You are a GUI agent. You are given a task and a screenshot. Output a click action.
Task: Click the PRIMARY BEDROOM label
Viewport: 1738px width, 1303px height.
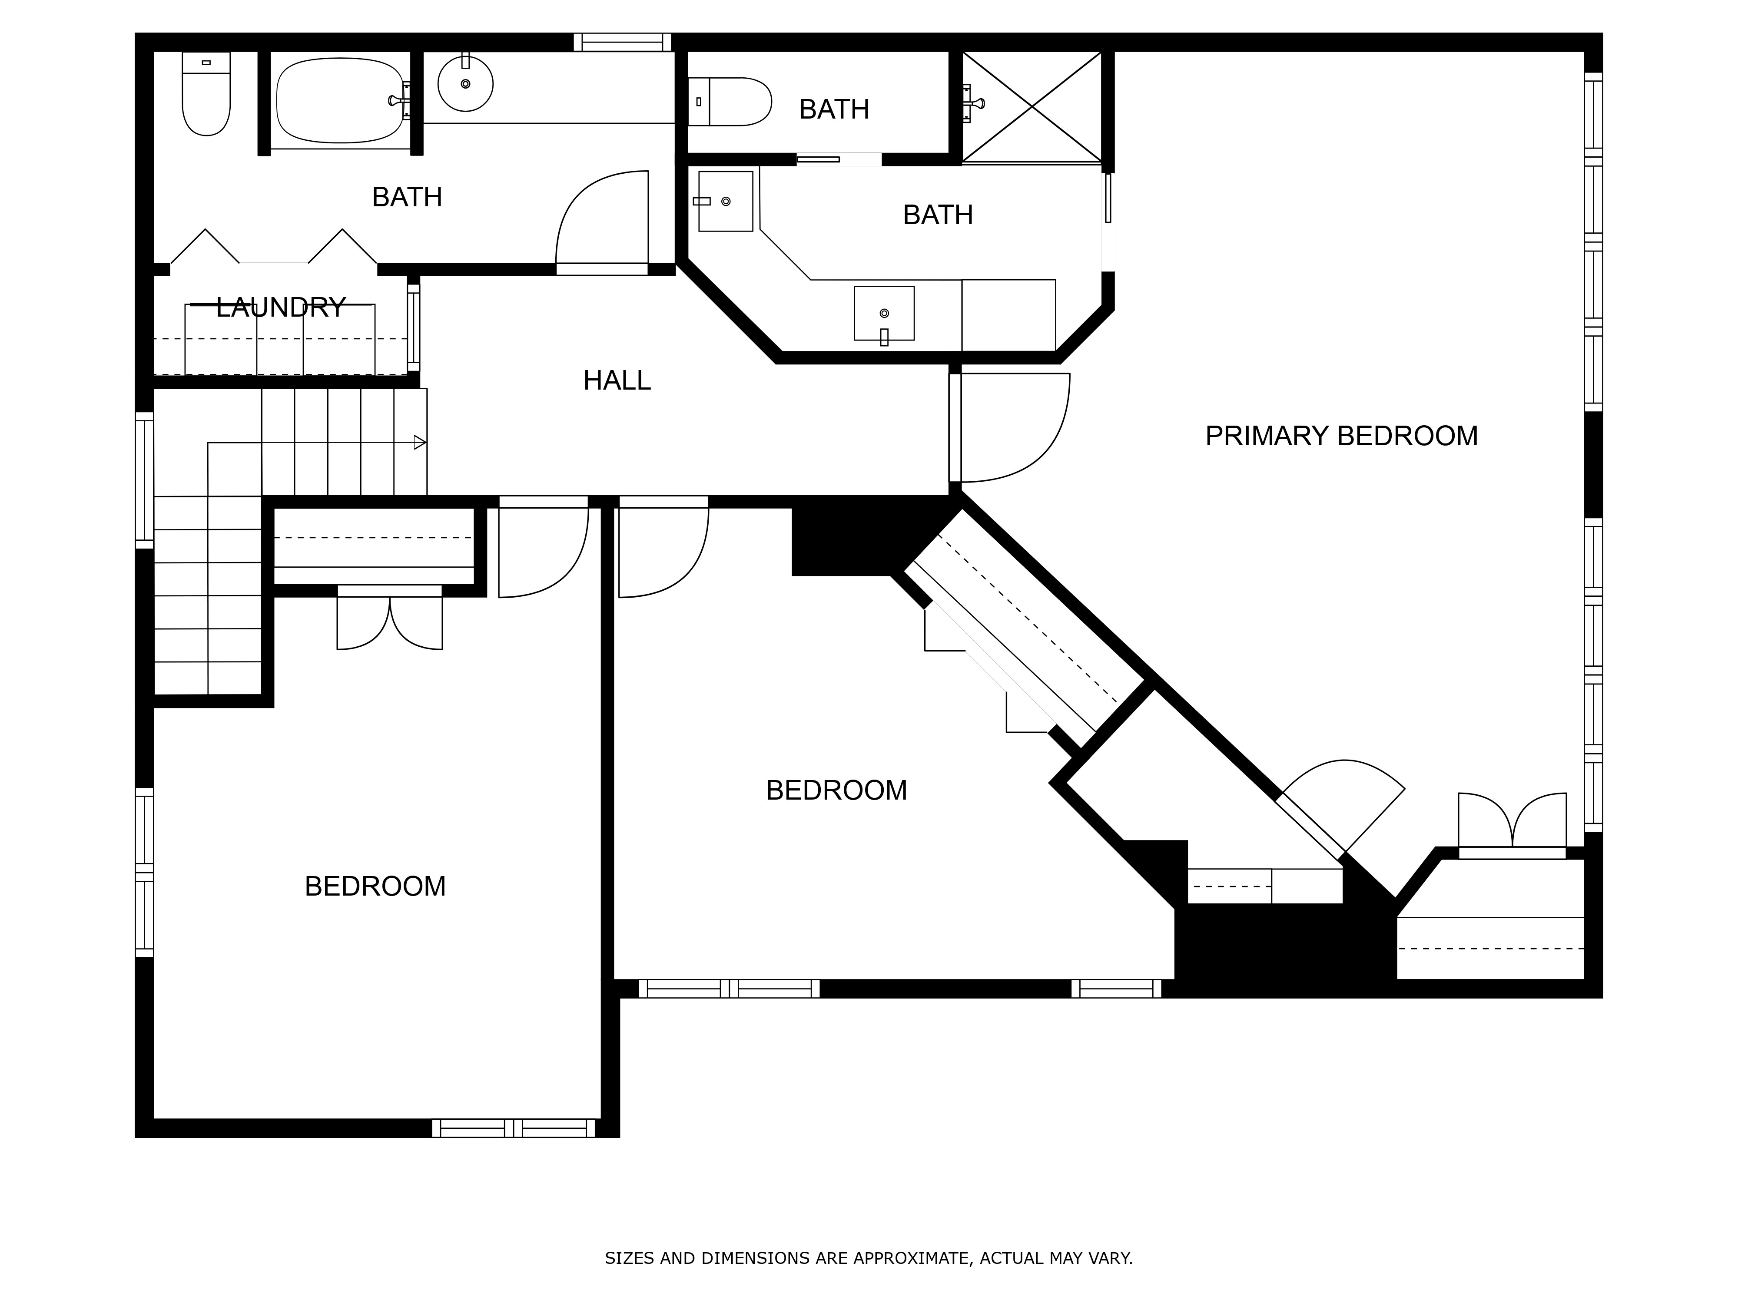1341,436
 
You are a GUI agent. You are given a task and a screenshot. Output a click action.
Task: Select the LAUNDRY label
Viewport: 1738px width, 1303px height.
281,307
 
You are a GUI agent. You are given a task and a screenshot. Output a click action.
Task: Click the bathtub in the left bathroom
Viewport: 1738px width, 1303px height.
340,100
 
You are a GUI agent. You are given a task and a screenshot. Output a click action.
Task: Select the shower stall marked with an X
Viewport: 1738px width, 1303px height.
1032,107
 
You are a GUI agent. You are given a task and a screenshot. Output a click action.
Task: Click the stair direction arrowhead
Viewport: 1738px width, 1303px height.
420,442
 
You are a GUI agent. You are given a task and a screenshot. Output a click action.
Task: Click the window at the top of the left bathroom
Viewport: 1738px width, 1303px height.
622,43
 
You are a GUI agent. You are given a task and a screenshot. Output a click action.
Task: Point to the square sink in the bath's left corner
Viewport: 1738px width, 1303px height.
725,201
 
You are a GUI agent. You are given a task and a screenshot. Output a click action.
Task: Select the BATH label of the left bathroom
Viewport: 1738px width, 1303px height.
407,197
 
